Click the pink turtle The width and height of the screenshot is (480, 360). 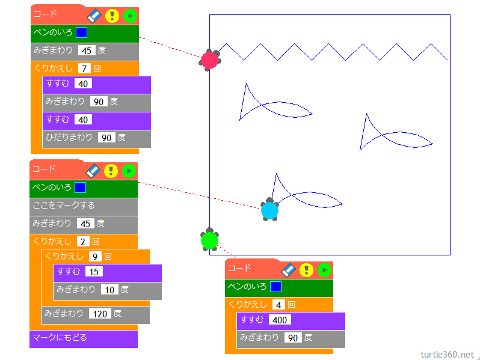210,59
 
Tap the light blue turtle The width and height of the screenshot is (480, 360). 270,210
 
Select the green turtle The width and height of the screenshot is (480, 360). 209,240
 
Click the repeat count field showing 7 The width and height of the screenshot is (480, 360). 84,69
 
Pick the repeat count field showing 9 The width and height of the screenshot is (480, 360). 94,257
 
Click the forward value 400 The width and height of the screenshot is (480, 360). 280,320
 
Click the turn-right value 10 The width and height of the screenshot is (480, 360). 109,290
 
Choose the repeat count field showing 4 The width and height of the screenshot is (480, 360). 278,305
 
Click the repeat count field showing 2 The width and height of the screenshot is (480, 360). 83,242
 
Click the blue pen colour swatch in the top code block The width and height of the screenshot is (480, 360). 82,32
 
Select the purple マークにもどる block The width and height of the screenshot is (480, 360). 83,338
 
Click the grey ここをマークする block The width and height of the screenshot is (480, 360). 83,206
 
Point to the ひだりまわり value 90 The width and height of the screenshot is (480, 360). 107,138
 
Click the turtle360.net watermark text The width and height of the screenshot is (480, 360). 448,354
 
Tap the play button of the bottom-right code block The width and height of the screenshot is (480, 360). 325,270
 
